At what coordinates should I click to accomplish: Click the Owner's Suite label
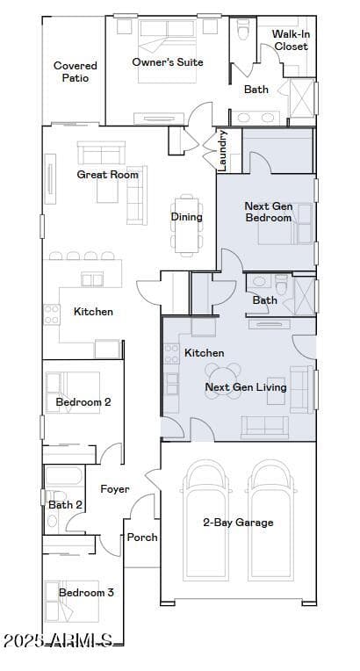click(x=168, y=62)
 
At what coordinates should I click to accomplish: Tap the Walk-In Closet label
click(x=292, y=40)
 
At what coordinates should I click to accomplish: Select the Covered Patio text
click(x=76, y=71)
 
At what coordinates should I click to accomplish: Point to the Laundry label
click(x=222, y=151)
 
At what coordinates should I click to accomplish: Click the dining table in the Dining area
click(x=187, y=225)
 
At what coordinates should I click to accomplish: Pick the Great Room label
click(x=107, y=175)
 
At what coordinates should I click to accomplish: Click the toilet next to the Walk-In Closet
click(x=243, y=29)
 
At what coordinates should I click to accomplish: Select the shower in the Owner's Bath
click(x=302, y=98)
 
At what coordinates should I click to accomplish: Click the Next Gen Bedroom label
click(x=269, y=212)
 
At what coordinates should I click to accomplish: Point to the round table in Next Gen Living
click(x=223, y=380)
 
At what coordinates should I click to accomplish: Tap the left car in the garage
click(x=205, y=520)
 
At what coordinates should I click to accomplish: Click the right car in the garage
click(x=270, y=520)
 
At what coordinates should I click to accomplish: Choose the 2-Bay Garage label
click(x=238, y=523)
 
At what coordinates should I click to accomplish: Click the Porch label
click(x=142, y=537)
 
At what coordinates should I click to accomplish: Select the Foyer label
click(x=115, y=488)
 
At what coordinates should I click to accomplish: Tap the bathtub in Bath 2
click(x=64, y=476)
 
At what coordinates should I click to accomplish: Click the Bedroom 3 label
click(x=86, y=593)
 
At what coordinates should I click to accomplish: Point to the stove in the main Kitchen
click(x=52, y=314)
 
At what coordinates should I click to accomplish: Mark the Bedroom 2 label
click(x=83, y=402)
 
